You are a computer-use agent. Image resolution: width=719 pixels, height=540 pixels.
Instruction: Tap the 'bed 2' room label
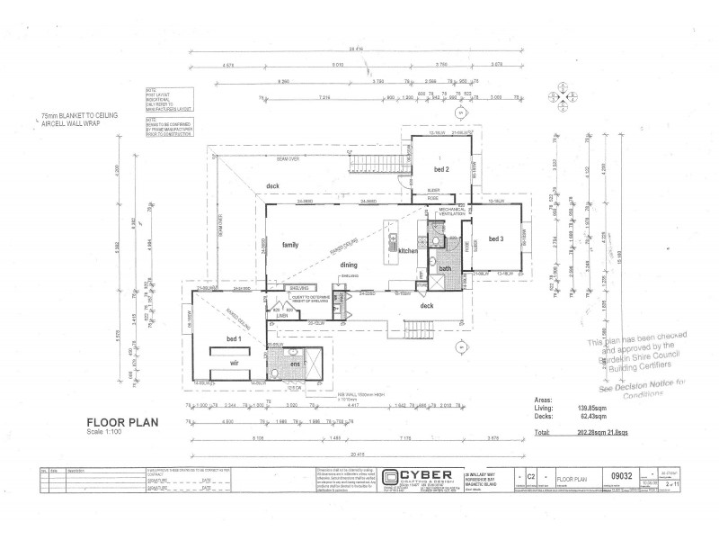pyautogui.click(x=441, y=168)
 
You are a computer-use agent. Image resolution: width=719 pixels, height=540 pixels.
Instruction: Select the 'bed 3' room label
pyautogui.click(x=495, y=238)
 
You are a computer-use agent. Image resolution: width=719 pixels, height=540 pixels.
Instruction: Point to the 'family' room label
pyautogui.click(x=289, y=245)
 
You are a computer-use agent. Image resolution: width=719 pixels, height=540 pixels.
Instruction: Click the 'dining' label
pyautogui.click(x=350, y=264)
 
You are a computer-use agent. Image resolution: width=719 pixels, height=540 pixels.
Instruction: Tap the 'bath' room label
pyautogui.click(x=445, y=268)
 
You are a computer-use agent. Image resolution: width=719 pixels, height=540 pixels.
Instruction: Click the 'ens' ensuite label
pyautogui.click(x=294, y=365)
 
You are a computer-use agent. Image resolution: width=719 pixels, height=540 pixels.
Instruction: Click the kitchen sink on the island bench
pyautogui.click(x=393, y=241)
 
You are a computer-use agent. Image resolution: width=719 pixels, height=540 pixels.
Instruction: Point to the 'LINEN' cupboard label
pyautogui.click(x=280, y=315)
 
